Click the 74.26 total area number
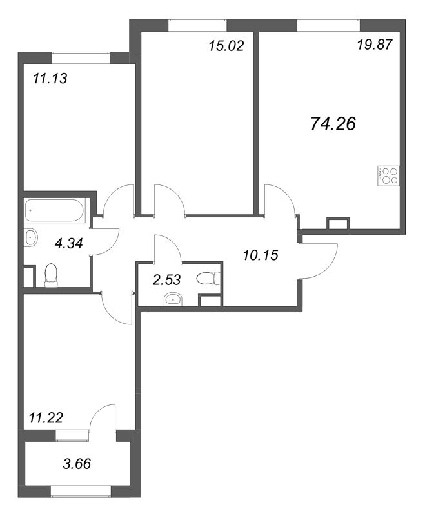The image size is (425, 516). click(333, 124)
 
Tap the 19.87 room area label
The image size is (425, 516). click(375, 45)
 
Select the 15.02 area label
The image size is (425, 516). click(226, 46)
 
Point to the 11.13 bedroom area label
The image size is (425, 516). click(50, 78)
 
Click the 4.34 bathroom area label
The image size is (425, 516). click(69, 243)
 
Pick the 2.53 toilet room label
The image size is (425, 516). click(167, 280)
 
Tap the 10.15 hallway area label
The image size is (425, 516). click(261, 255)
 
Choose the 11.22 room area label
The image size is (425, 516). click(46, 418)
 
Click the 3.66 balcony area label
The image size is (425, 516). click(77, 464)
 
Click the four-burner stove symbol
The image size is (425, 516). click(388, 175)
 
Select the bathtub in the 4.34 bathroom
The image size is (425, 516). click(55, 210)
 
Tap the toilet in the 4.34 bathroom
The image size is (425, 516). click(51, 275)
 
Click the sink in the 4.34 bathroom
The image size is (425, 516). click(30, 237)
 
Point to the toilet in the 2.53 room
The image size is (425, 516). click(208, 279)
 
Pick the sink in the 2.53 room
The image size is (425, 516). click(173, 299)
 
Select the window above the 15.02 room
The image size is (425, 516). click(197, 25)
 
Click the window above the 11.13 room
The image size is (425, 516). click(81, 57)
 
